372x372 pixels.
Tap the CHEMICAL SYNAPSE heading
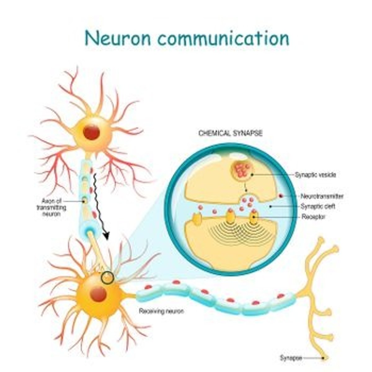click(230, 133)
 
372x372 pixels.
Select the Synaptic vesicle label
click(315, 175)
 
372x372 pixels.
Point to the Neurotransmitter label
click(322, 196)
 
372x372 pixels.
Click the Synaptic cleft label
click(318, 206)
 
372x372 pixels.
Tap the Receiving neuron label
click(161, 311)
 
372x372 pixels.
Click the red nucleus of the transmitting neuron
click(91, 133)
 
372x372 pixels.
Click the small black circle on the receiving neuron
click(108, 277)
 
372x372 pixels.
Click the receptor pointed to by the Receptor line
click(254, 217)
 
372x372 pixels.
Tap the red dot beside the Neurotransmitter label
click(281, 196)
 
